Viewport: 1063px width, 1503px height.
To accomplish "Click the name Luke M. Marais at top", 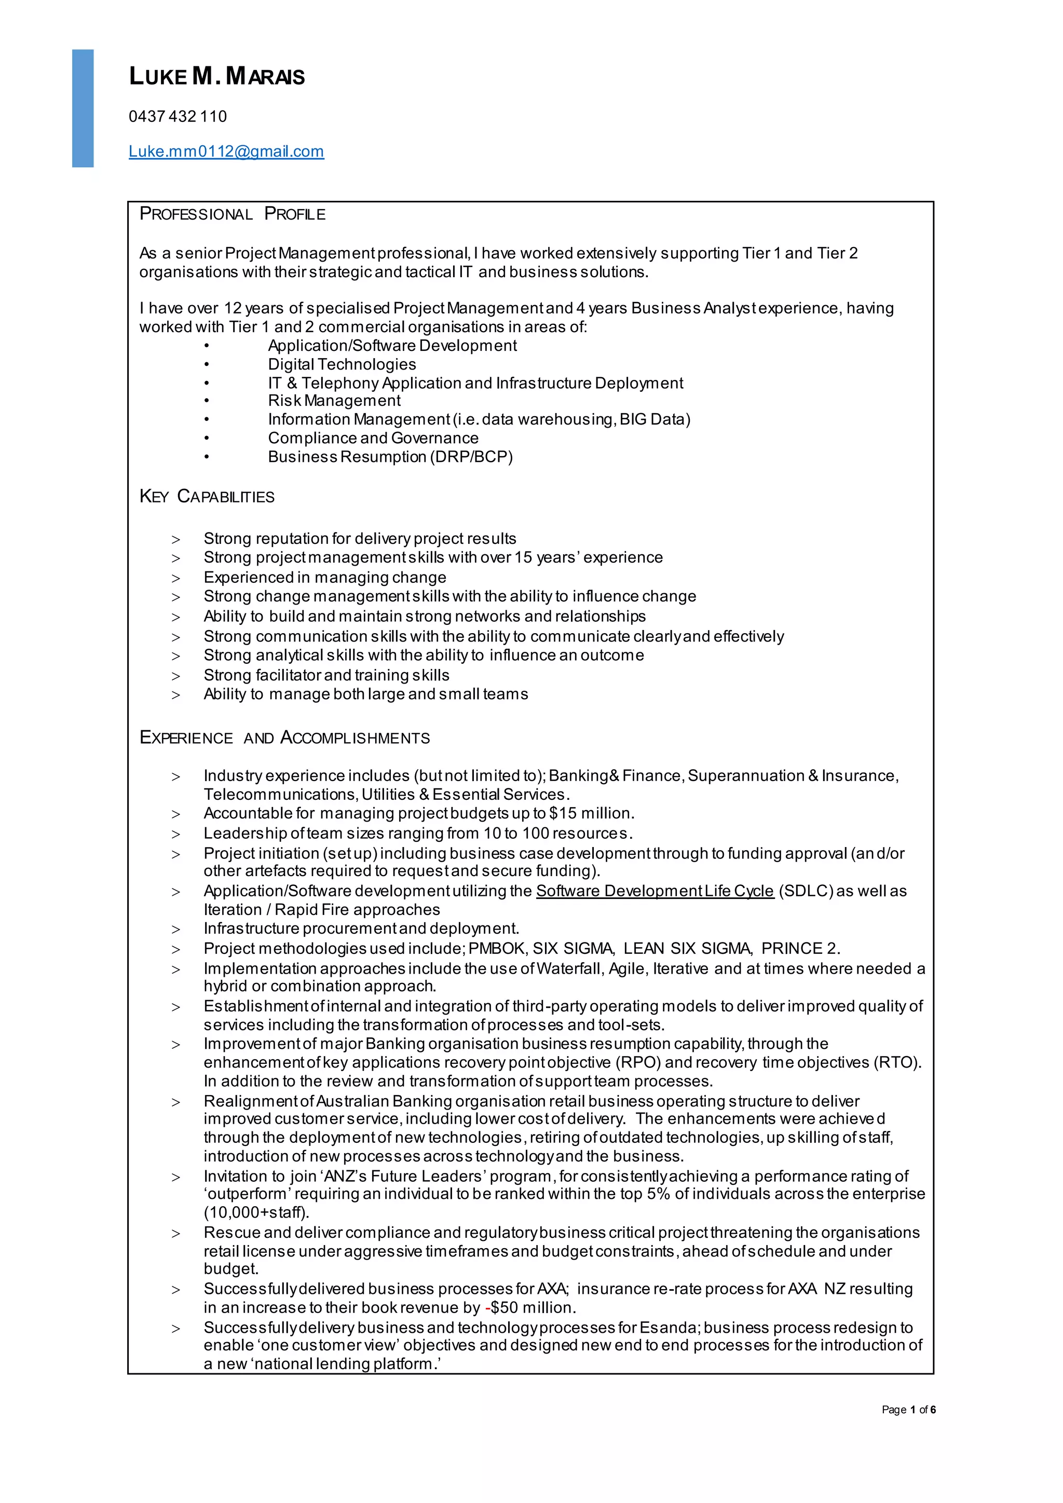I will click(216, 77).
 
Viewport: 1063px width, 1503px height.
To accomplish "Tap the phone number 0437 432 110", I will click(178, 117).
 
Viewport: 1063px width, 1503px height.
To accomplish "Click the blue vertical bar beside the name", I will click(83, 108).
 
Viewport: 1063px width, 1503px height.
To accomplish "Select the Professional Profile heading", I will click(233, 214).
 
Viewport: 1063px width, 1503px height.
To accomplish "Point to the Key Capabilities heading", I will click(207, 496).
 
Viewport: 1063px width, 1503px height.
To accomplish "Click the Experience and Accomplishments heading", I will click(285, 738).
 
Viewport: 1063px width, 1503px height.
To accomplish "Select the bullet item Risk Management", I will click(334, 401).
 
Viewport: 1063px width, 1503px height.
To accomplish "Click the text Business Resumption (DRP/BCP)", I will click(390, 457).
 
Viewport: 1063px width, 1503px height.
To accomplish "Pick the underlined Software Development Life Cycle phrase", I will click(655, 891).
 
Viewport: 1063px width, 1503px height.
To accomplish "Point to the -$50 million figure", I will click(529, 1307).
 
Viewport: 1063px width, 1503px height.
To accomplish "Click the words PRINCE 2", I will click(800, 949).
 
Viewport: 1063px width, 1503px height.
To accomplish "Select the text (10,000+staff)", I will click(256, 1212).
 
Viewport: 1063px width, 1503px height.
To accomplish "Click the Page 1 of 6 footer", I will click(908, 1410).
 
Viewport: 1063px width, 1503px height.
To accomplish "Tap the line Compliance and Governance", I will click(373, 438).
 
